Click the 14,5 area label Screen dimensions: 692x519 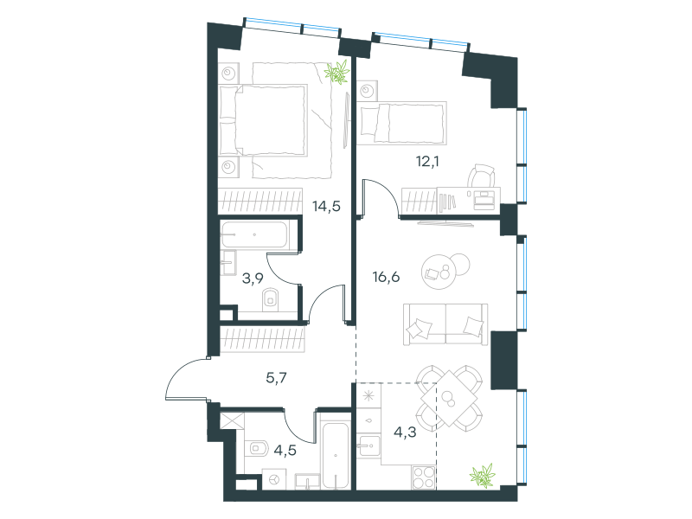(326, 206)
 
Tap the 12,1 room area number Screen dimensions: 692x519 (427, 162)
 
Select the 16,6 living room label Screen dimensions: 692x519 (386, 277)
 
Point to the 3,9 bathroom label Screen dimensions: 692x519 (253, 279)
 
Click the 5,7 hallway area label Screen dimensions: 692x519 (276, 378)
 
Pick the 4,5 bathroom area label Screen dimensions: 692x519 (285, 450)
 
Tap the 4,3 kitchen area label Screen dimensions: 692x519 (405, 432)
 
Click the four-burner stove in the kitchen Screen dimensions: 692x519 (424, 477)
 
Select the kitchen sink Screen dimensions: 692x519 (368, 446)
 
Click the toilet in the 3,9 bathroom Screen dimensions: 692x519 (270, 299)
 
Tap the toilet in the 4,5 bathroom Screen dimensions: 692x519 (256, 449)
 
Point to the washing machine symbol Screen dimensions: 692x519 (274, 479)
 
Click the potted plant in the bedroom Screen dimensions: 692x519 (337, 72)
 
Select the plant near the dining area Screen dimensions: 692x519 (483, 476)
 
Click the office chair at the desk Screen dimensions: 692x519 (481, 176)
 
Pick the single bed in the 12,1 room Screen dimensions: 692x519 (401, 124)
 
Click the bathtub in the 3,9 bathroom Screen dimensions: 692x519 (254, 234)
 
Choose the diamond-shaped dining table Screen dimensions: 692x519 (449, 399)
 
